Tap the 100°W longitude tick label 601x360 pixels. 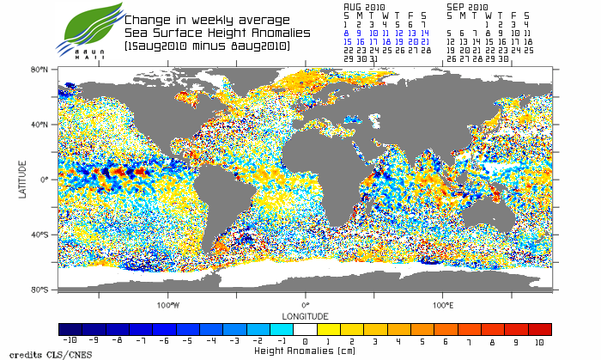click(167, 305)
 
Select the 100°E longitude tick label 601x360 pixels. click(443, 305)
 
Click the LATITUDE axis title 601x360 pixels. click(22, 180)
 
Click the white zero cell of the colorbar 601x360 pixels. click(305, 329)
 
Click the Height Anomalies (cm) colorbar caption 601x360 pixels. click(305, 351)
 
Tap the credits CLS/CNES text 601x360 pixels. click(34, 354)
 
